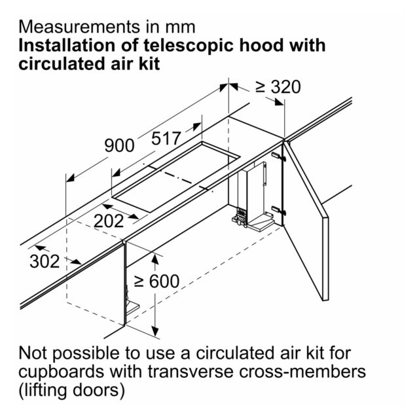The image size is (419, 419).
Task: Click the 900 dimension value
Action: click(119, 145)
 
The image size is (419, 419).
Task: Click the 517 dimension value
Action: click(166, 139)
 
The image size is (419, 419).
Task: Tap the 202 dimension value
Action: click(109, 221)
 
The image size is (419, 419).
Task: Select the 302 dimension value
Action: click(45, 261)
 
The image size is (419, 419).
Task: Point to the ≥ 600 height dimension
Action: click(156, 282)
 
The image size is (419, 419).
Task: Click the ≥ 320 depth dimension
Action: click(278, 87)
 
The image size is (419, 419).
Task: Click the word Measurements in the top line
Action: click(79, 27)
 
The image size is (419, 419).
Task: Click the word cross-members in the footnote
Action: click(302, 371)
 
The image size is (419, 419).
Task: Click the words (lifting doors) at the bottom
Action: click(72, 391)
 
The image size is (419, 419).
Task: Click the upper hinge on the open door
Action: click(278, 157)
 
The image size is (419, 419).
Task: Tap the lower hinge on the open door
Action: click(278, 210)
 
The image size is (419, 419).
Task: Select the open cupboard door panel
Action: click(306, 221)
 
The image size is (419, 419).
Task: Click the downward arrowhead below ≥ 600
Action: click(155, 331)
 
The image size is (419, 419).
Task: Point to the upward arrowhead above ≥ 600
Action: click(155, 259)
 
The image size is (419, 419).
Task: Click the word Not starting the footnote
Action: click(33, 353)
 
